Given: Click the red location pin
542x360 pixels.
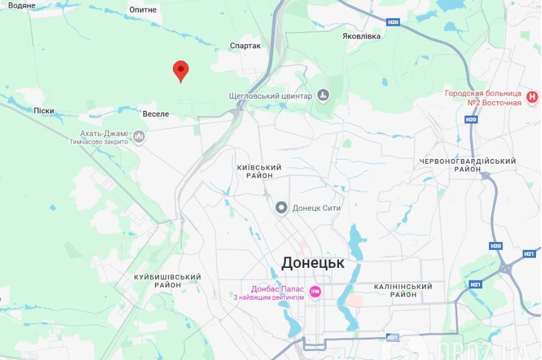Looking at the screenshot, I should click(180, 70).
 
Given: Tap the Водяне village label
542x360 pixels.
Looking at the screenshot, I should click(22, 5).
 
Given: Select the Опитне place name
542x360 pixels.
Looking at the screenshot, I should click(143, 10).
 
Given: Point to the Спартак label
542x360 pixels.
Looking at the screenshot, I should click(245, 46).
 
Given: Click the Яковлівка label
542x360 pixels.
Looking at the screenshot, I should click(361, 36).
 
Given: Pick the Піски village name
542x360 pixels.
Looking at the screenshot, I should click(44, 111).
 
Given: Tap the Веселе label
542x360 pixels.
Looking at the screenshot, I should click(155, 114).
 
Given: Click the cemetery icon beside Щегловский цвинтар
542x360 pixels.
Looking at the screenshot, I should click(323, 96).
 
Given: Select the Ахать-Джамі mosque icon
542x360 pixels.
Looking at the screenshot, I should click(139, 137).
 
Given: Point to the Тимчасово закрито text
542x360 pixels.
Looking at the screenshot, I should click(99, 142).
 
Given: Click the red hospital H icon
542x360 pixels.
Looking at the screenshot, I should click(532, 97).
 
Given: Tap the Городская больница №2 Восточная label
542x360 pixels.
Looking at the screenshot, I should click(483, 98).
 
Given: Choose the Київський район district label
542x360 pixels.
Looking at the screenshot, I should click(260, 172).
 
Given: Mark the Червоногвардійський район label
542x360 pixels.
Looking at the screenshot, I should click(467, 166).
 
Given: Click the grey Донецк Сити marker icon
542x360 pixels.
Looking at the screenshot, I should click(281, 208).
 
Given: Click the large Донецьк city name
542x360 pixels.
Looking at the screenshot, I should click(313, 263).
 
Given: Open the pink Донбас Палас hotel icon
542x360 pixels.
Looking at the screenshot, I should click(314, 293).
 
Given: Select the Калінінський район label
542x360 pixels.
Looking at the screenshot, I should click(403, 291).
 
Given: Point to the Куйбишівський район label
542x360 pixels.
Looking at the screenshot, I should click(167, 281).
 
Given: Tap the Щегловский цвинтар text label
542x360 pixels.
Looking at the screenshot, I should click(270, 96).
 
